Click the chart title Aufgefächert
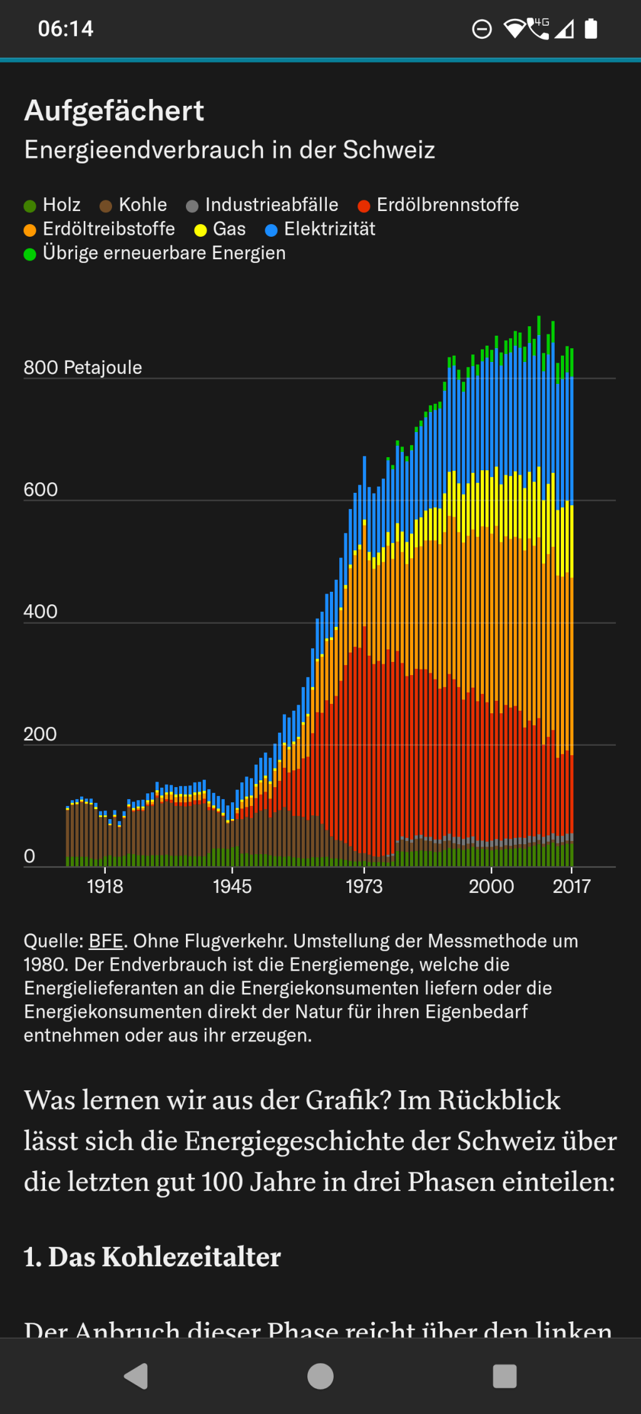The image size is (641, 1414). pyautogui.click(x=114, y=111)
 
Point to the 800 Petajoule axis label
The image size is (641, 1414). pyautogui.click(x=83, y=368)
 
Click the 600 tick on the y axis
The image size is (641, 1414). pyautogui.click(x=41, y=490)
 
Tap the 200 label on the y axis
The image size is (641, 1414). pyautogui.click(x=40, y=734)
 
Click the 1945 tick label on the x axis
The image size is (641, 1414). pyautogui.click(x=232, y=886)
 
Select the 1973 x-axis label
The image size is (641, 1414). pyautogui.click(x=364, y=886)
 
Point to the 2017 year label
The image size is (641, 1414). pyautogui.click(x=571, y=886)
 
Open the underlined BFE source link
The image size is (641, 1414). pyautogui.click(x=106, y=941)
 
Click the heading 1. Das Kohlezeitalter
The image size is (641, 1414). pyautogui.click(x=152, y=1257)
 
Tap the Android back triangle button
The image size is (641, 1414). pyautogui.click(x=136, y=1376)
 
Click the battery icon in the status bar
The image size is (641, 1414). pyautogui.click(x=591, y=29)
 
